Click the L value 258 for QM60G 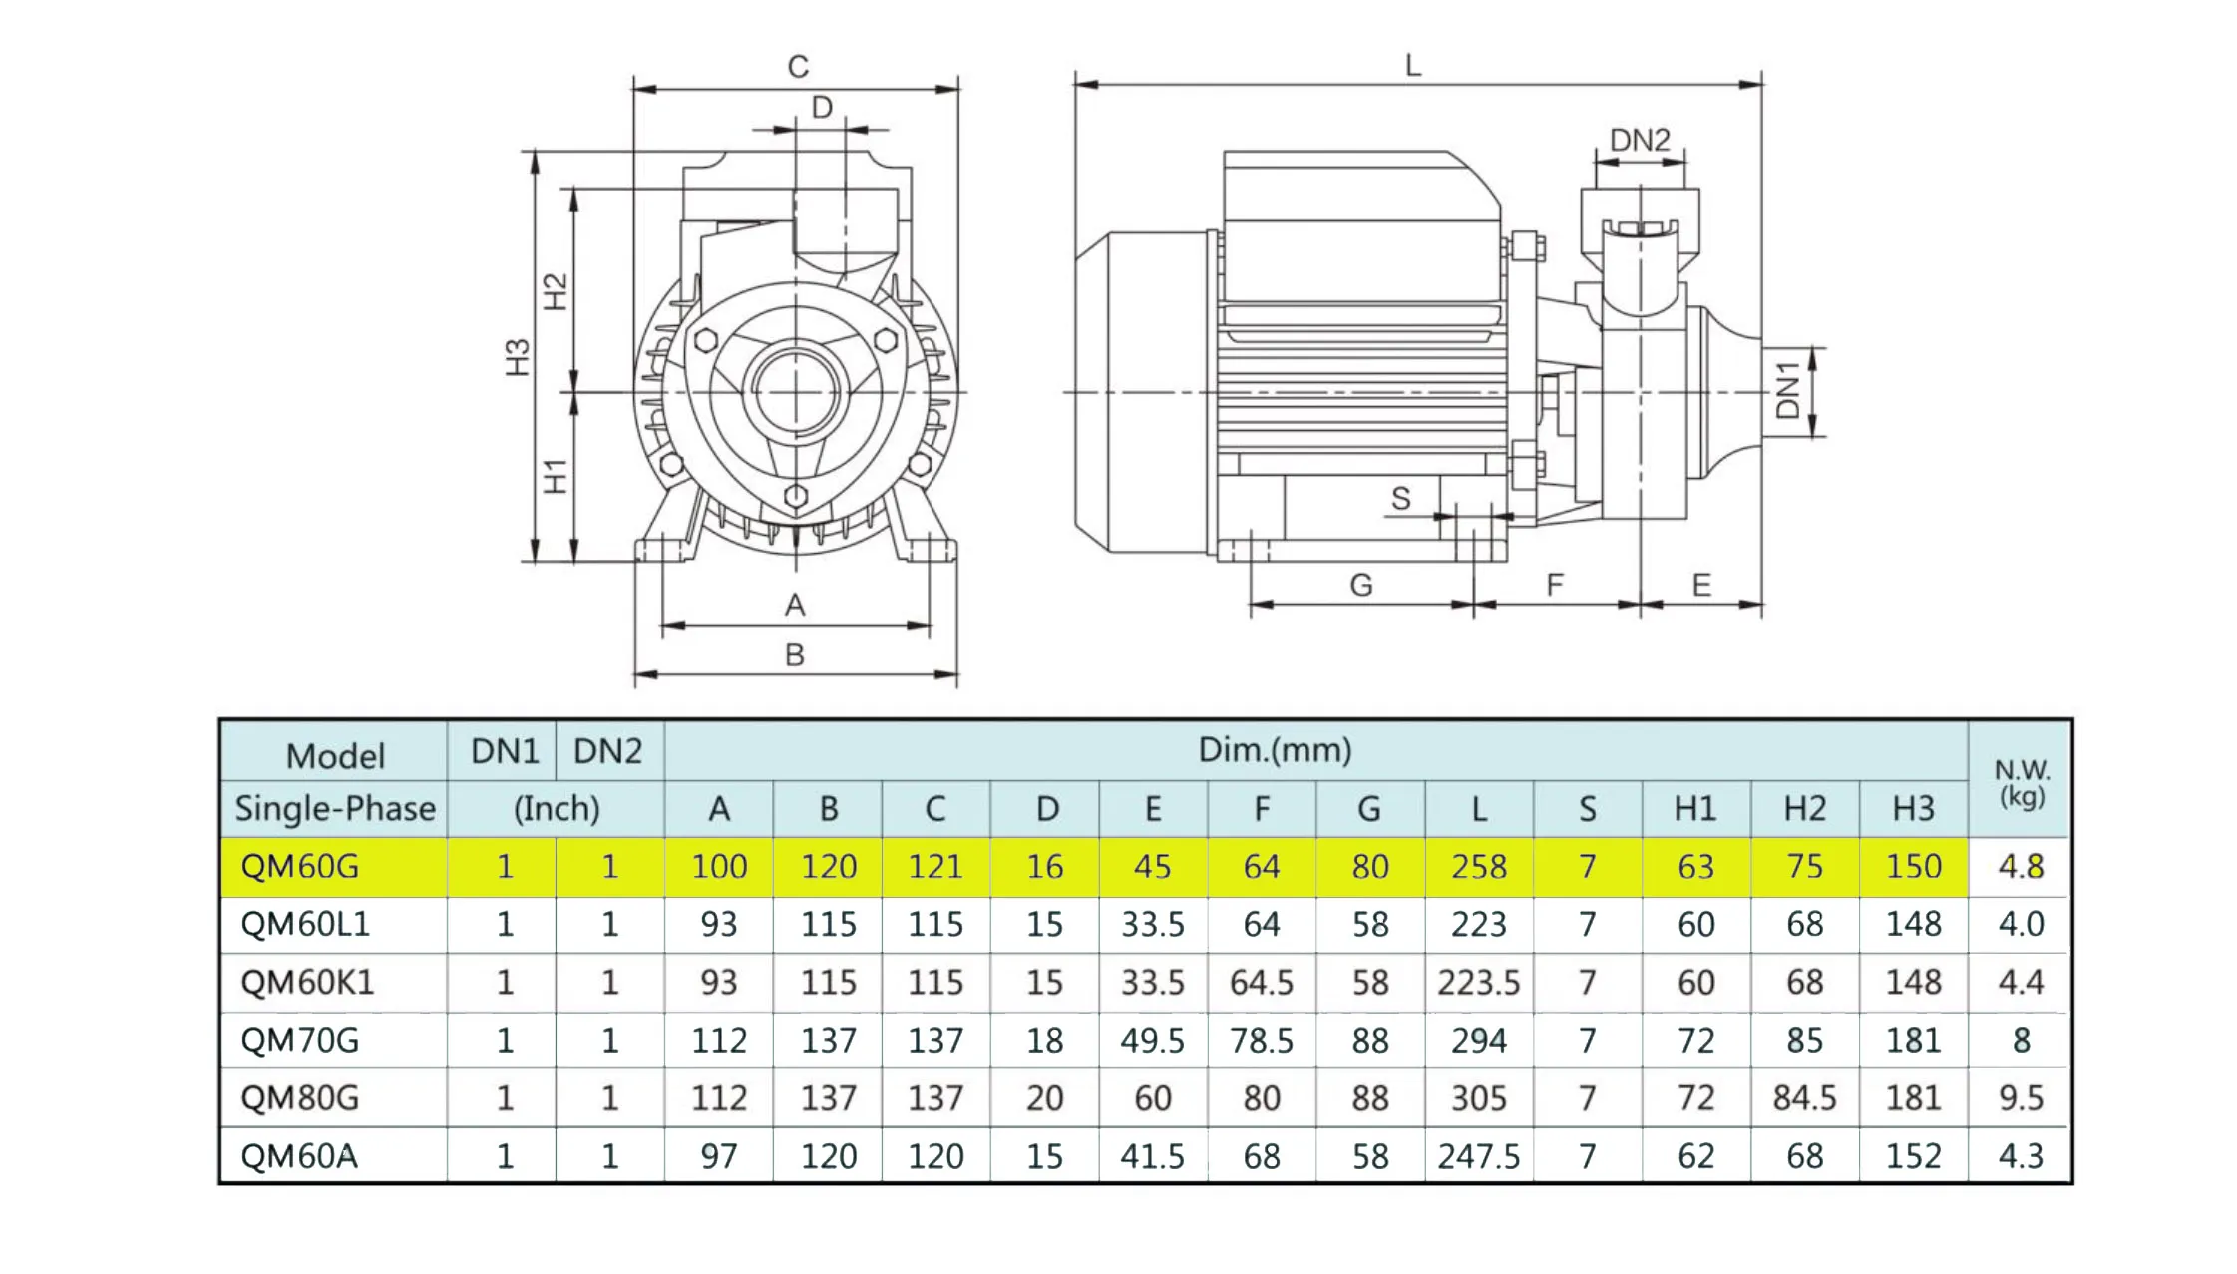tap(1479, 866)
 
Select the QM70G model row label tap(299, 1040)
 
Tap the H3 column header tap(1913, 808)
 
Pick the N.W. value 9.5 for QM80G tap(2021, 1097)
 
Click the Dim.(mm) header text tap(1275, 750)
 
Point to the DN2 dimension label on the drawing tap(1640, 140)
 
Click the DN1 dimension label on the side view tap(1788, 391)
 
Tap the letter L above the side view tap(1412, 66)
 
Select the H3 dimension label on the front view tap(517, 357)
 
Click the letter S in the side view tap(1401, 498)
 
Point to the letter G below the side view tap(1361, 585)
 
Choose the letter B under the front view tap(795, 655)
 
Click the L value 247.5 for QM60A tap(1479, 1155)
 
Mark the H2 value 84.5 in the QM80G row tap(1804, 1097)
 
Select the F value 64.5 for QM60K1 tap(1262, 982)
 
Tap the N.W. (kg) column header tap(2021, 782)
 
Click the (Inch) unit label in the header tap(557, 808)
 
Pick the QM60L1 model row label tap(305, 924)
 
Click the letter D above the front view tap(822, 107)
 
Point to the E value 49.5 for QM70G tap(1153, 1040)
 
